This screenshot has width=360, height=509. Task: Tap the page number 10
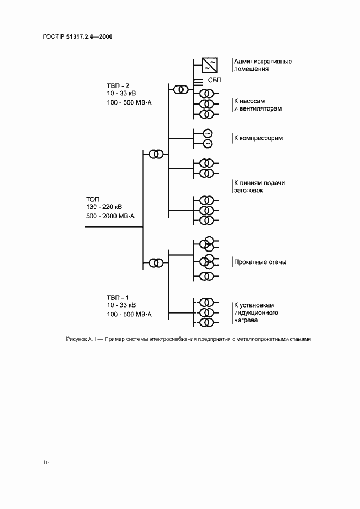[46, 463]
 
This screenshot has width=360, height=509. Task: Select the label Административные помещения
[263, 65]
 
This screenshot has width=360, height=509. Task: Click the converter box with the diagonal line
[210, 65]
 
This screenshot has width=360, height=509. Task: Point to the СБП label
[213, 81]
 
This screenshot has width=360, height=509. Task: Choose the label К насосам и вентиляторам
[258, 105]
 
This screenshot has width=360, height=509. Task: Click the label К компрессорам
[258, 138]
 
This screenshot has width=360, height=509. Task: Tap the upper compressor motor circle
[207, 133]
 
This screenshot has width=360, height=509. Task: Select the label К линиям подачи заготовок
[259, 187]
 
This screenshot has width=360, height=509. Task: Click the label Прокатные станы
[260, 262]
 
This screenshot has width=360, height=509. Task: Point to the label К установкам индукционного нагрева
[256, 313]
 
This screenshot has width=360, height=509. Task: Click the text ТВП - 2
[118, 85]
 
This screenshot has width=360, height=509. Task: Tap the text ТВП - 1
[118, 297]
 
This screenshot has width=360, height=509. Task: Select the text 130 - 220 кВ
[104, 207]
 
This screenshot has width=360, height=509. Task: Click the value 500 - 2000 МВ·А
[111, 216]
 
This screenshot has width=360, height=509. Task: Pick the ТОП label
[93, 199]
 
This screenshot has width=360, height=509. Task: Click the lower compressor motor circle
[207, 143]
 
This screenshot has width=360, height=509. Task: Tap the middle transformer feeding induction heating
[206, 312]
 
